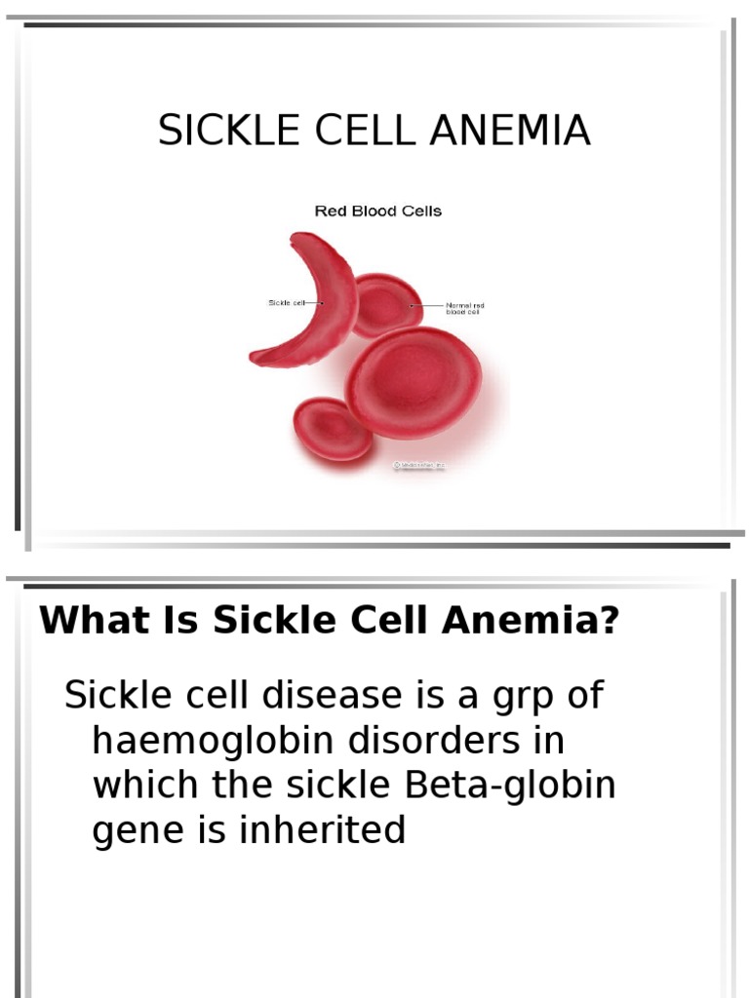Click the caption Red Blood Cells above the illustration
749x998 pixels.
377,211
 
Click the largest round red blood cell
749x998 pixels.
414,381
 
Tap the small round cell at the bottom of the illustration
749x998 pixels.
333,429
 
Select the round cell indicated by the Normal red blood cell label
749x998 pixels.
386,304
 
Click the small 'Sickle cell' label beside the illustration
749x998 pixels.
286,303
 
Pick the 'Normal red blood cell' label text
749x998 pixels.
465,309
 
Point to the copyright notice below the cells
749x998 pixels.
419,466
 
